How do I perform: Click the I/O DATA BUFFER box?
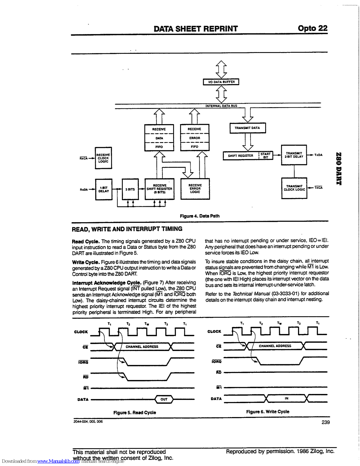tap(221, 82)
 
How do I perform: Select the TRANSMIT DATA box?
tap(247, 128)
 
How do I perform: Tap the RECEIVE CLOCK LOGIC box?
tap(103, 158)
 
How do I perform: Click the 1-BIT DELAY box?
tap(104, 190)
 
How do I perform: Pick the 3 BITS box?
tap(130, 189)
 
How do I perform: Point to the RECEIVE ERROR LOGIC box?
tap(195, 189)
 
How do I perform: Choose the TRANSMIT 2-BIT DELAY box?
tap(294, 155)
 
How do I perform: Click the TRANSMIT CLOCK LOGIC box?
tap(294, 188)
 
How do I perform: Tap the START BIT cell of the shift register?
tap(266, 156)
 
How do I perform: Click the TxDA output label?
tap(318, 155)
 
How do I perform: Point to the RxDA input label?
tap(84, 190)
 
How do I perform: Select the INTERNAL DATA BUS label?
tap(221, 106)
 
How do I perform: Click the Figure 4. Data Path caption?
tap(200, 216)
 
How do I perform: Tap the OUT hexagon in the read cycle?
tap(164, 399)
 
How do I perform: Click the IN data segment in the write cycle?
tap(287, 398)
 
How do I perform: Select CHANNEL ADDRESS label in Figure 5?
tap(142, 347)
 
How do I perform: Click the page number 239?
tap(326, 422)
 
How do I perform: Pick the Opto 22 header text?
tap(313, 28)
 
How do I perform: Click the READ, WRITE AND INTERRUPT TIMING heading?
tap(127, 229)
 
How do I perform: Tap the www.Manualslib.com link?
tap(58, 461)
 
